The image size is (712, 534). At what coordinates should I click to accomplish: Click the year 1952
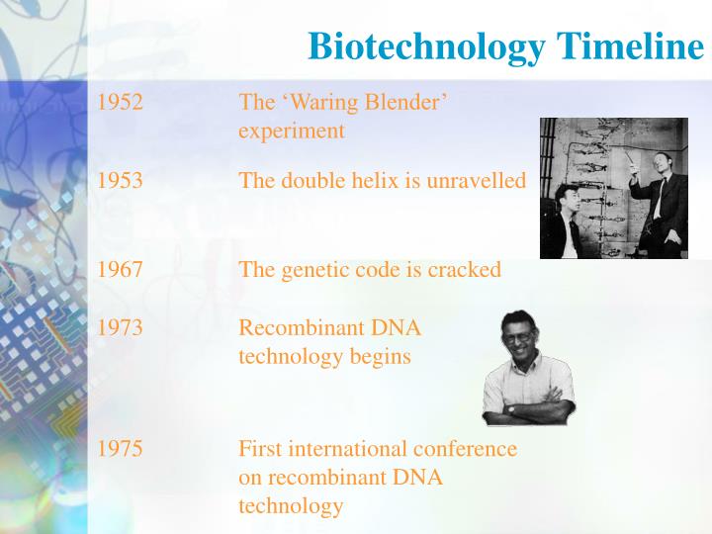point(120,102)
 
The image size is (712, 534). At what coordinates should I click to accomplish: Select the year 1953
point(120,181)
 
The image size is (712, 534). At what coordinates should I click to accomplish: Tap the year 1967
point(120,270)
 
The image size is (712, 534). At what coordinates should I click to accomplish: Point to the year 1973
point(120,327)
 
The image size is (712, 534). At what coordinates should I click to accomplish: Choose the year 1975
point(120,449)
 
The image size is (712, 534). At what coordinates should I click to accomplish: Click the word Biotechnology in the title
point(426,46)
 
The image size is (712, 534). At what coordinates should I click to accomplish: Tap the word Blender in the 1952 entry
point(409,102)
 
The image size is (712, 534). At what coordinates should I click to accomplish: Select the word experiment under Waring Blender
point(292,131)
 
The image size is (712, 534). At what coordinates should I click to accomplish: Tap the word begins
point(380,356)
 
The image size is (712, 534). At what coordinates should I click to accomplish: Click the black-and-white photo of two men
point(613,188)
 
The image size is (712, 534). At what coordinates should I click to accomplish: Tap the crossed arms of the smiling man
point(529,402)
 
